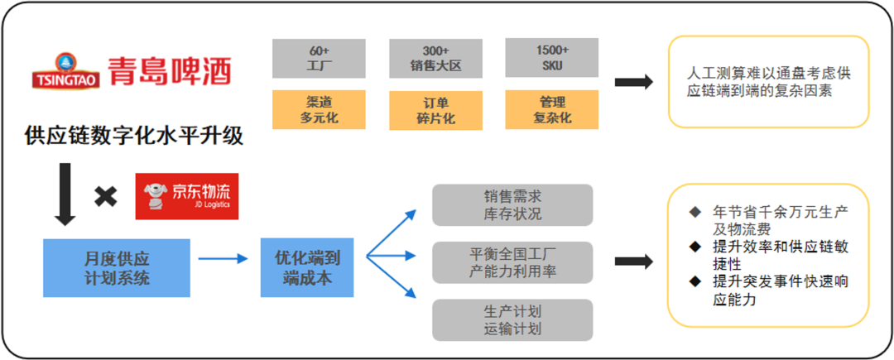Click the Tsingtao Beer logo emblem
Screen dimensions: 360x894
pyautogui.click(x=64, y=70)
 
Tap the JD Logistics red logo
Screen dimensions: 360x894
pyautogui.click(x=187, y=195)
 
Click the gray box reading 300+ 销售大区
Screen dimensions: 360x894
pyautogui.click(x=435, y=59)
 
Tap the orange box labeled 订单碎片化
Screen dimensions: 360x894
pyautogui.click(x=435, y=111)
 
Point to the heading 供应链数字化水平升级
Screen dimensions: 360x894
pyautogui.click(x=134, y=136)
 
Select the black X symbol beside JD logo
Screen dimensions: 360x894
pyautogui.click(x=105, y=197)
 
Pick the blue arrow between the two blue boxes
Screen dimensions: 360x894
pyautogui.click(x=223, y=259)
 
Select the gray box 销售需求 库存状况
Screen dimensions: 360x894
pyautogui.click(x=512, y=205)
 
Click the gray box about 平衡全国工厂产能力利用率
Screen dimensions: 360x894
pyautogui.click(x=512, y=262)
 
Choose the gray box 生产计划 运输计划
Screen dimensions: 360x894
pyautogui.click(x=512, y=320)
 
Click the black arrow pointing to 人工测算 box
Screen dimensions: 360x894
pyautogui.click(x=634, y=81)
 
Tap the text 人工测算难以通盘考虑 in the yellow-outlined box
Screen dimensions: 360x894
pyautogui.click(x=768, y=74)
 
